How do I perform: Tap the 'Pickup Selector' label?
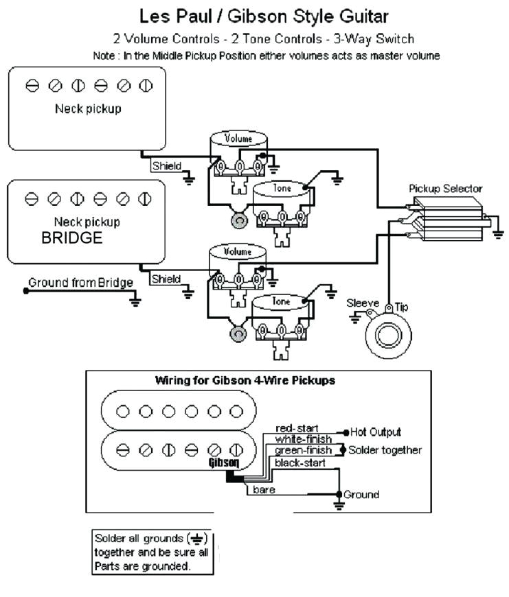(445, 188)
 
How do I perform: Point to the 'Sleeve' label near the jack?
(362, 303)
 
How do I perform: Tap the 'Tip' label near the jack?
(401, 307)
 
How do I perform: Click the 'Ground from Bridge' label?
(80, 282)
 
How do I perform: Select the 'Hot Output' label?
(375, 432)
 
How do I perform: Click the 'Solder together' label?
(385, 450)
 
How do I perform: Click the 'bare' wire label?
(264, 489)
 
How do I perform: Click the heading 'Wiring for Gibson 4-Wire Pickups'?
(245, 380)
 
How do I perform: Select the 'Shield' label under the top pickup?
(167, 165)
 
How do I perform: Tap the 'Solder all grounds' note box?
(152, 552)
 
